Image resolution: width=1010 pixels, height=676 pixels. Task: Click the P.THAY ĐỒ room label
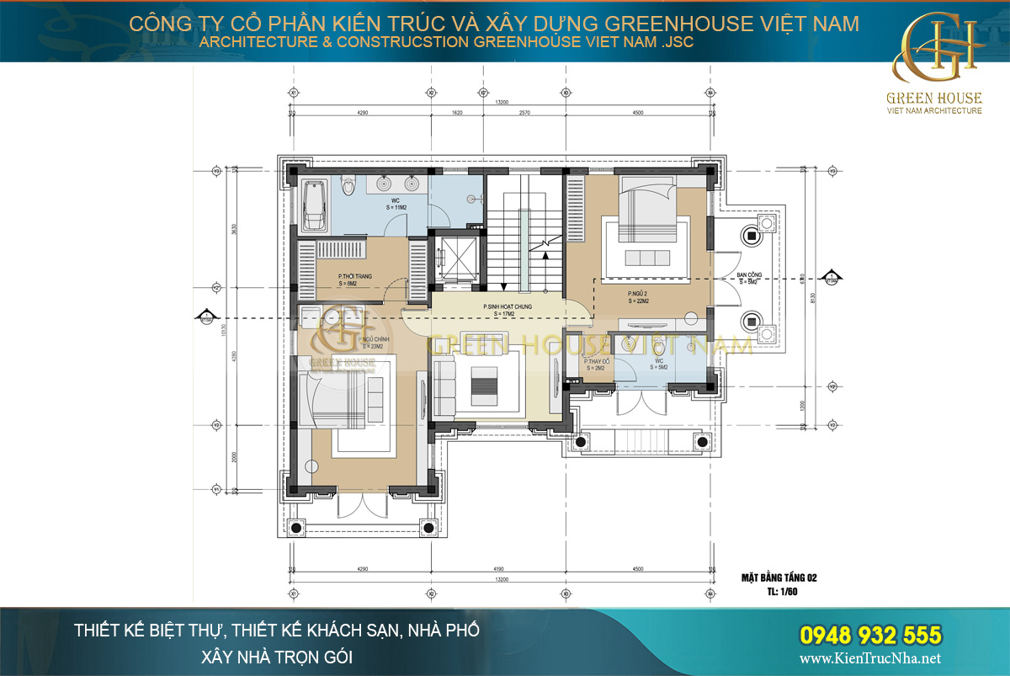(596, 365)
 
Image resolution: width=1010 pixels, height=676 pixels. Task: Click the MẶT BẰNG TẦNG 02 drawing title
(779, 578)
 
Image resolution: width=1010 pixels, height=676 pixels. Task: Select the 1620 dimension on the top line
(458, 112)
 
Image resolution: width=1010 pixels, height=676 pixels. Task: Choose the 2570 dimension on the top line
(526, 112)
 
